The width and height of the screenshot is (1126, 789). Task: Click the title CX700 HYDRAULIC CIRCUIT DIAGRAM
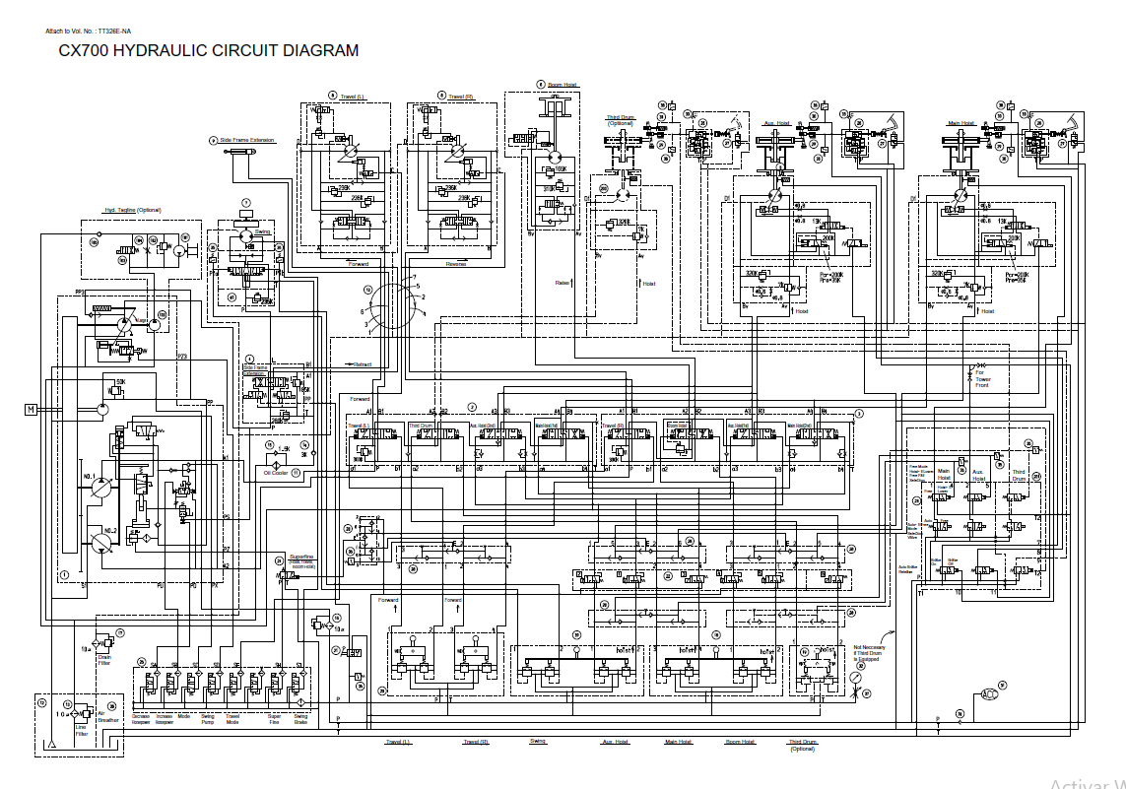click(x=209, y=51)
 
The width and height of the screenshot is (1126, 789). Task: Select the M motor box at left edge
click(x=31, y=409)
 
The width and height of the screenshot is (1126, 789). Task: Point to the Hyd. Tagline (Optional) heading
click(x=132, y=210)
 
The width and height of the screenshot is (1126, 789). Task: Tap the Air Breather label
click(x=107, y=718)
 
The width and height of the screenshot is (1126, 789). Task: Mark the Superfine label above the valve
click(x=301, y=558)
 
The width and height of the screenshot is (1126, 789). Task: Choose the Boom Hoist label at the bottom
click(x=740, y=742)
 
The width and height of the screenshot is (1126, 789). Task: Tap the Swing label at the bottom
click(x=538, y=742)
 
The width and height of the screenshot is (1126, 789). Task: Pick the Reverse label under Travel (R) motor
click(x=456, y=264)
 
